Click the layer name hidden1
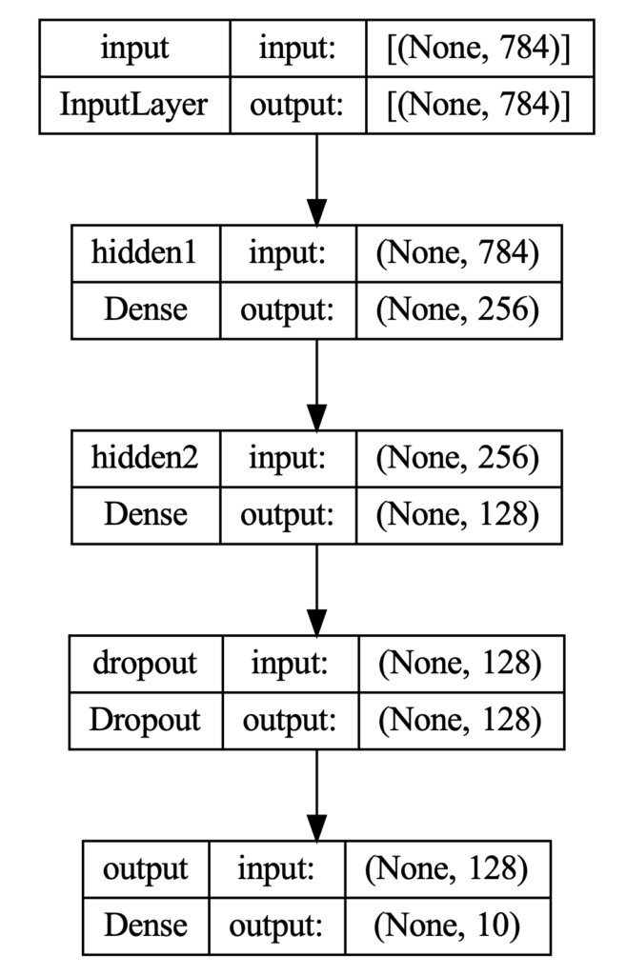[145, 253]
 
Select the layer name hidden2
[145, 458]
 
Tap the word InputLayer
[133, 104]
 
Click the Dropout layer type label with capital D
[145, 719]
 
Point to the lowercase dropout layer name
[145, 664]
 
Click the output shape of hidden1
[458, 309]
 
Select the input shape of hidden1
[458, 253]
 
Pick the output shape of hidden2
[458, 514]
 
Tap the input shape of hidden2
[458, 458]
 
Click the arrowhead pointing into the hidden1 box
[316, 211]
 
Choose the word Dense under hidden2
[145, 514]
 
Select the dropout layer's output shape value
[460, 719]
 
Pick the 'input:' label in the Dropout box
[290, 664]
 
